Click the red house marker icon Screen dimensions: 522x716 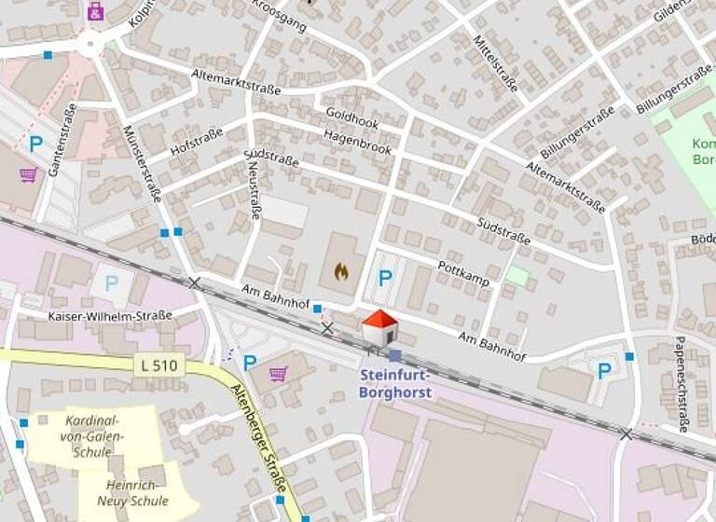pyautogui.click(x=379, y=327)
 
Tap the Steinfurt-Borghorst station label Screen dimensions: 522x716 pyautogui.click(x=395, y=384)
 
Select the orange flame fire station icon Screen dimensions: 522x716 pyautogui.click(x=340, y=271)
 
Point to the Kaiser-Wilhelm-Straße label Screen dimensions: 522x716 pyautogui.click(x=109, y=316)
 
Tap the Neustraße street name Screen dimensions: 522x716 pyautogui.click(x=254, y=191)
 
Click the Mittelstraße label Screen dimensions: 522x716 pyautogui.click(x=494, y=56)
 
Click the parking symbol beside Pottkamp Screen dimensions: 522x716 pyautogui.click(x=384, y=277)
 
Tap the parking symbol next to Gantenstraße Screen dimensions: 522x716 pyautogui.click(x=36, y=144)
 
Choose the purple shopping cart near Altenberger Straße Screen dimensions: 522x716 pyautogui.click(x=278, y=374)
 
